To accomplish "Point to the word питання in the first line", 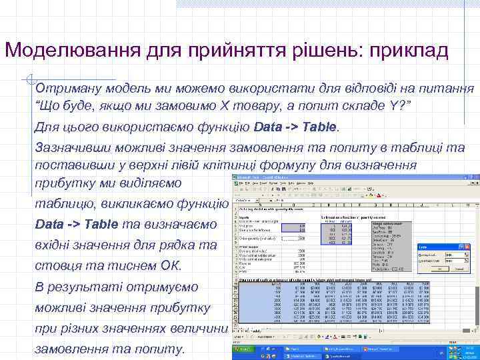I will click(449, 88).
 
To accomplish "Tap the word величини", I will click(199, 329).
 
